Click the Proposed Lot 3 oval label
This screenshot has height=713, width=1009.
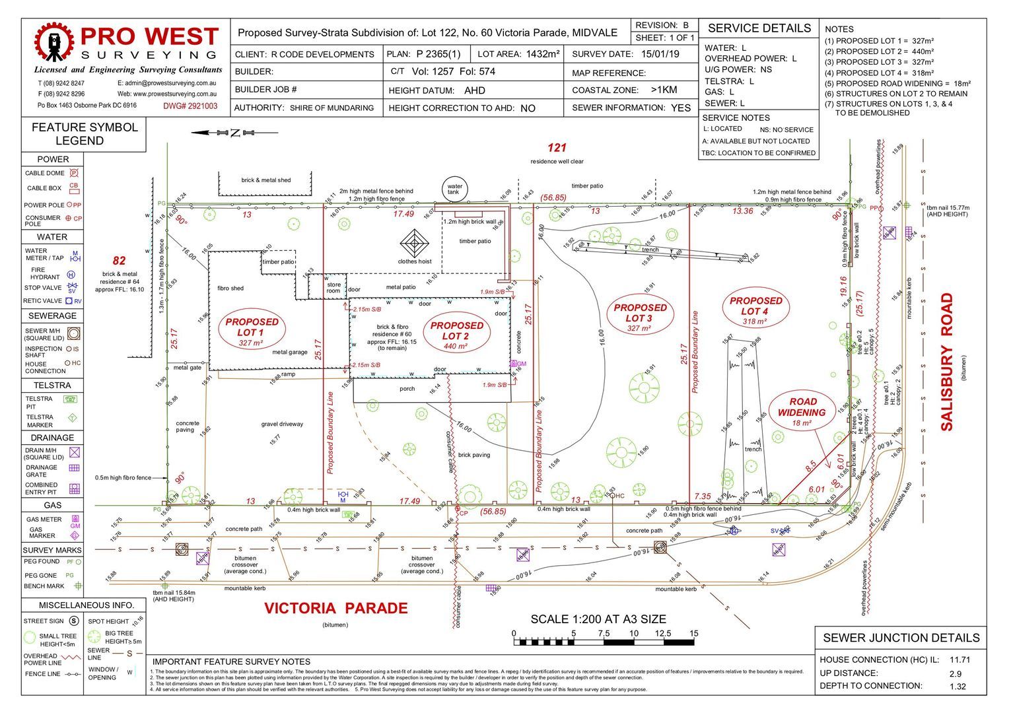(x=639, y=317)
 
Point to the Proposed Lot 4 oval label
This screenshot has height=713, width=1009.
(x=755, y=310)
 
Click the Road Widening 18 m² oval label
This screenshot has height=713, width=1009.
(x=802, y=411)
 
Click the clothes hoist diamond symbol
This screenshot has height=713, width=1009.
(x=414, y=244)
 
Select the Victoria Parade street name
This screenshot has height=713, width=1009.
(x=336, y=608)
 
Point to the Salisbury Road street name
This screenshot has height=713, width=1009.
(x=947, y=362)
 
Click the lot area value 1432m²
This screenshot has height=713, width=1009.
(x=543, y=54)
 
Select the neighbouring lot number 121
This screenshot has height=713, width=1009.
(x=557, y=148)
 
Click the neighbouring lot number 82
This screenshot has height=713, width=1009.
(x=119, y=261)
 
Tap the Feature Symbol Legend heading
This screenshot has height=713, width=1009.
(x=84, y=134)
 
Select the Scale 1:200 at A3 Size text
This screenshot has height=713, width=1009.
(x=598, y=619)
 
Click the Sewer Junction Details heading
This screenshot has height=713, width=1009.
(x=901, y=638)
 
